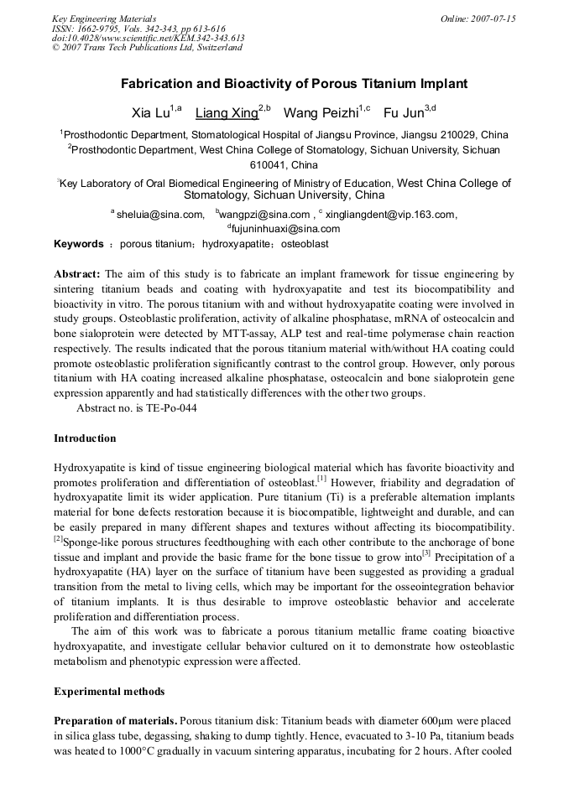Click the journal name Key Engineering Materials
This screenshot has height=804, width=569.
coord(104,18)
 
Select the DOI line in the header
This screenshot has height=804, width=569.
coord(148,38)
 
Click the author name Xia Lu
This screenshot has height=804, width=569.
coord(151,112)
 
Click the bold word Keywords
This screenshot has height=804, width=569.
coord(78,244)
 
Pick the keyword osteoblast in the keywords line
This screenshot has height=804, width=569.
coord(304,244)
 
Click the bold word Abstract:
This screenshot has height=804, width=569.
coord(77,274)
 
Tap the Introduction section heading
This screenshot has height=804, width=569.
coord(85,438)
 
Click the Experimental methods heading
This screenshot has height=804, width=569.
coord(109,692)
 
